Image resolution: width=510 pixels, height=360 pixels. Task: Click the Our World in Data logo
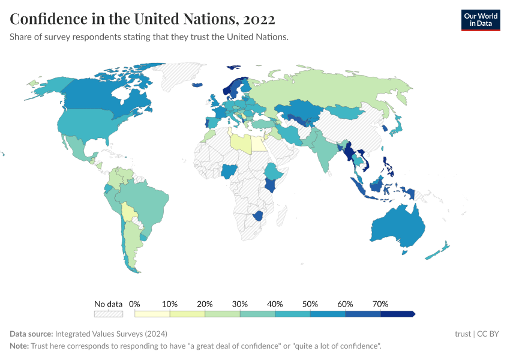coord(480,20)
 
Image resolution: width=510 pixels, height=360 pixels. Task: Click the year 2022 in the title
coord(259,19)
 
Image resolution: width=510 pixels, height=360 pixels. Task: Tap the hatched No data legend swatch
coord(108,314)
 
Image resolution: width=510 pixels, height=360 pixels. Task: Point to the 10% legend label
coord(170,304)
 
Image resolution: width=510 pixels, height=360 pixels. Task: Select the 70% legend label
coord(380,304)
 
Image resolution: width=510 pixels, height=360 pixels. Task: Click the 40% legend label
coord(275,304)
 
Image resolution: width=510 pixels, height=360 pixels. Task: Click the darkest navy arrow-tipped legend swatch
coord(398,314)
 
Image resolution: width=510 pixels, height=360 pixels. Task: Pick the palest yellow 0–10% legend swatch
coord(152,314)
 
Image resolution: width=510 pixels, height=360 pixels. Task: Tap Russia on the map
coord(336,90)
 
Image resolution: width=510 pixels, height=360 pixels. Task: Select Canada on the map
coord(102,96)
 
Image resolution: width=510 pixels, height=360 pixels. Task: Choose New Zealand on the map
coord(436,252)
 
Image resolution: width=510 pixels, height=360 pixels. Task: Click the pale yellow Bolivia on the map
coord(127,211)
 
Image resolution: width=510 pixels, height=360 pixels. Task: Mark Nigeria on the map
coord(229,172)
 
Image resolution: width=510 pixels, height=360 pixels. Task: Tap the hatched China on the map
coord(351,129)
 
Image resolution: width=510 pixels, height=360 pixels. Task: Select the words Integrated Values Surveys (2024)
coord(111,334)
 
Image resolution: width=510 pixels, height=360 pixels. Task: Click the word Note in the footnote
coord(19,346)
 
